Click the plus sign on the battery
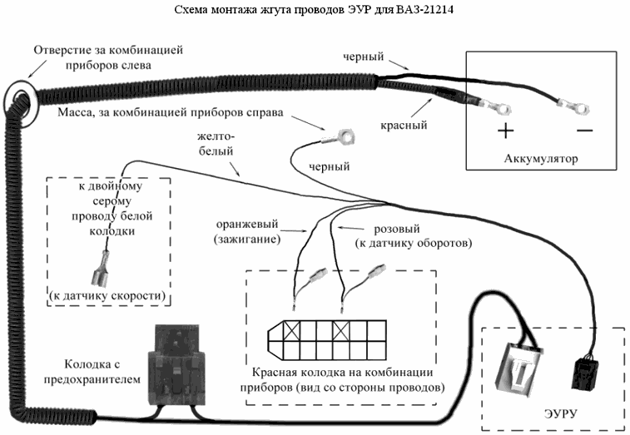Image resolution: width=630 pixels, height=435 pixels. pos(505,131)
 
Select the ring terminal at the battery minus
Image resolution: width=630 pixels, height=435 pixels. pos(572,106)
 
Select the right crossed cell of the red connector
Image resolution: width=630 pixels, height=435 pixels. pos(342,332)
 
